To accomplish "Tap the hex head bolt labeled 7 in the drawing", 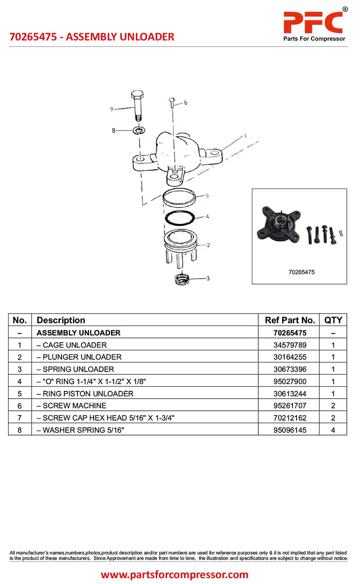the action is point(137,105).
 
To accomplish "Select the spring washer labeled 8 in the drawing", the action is point(139,131).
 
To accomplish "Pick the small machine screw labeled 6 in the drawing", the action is point(172,103).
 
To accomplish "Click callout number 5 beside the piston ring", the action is point(207,195).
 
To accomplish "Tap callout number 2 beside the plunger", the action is point(208,245).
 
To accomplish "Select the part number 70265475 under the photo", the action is point(301,272).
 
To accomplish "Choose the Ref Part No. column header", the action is point(290,320).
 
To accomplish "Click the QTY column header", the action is point(333,320).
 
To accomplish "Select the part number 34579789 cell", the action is point(290,345).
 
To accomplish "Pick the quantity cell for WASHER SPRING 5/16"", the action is point(333,430).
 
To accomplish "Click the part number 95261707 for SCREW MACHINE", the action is point(290,406).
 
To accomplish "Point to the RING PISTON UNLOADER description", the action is point(85,394).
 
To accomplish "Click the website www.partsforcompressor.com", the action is point(175,575).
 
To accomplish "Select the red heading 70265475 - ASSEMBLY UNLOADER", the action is point(92,37).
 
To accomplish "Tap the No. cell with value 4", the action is point(19,381).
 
